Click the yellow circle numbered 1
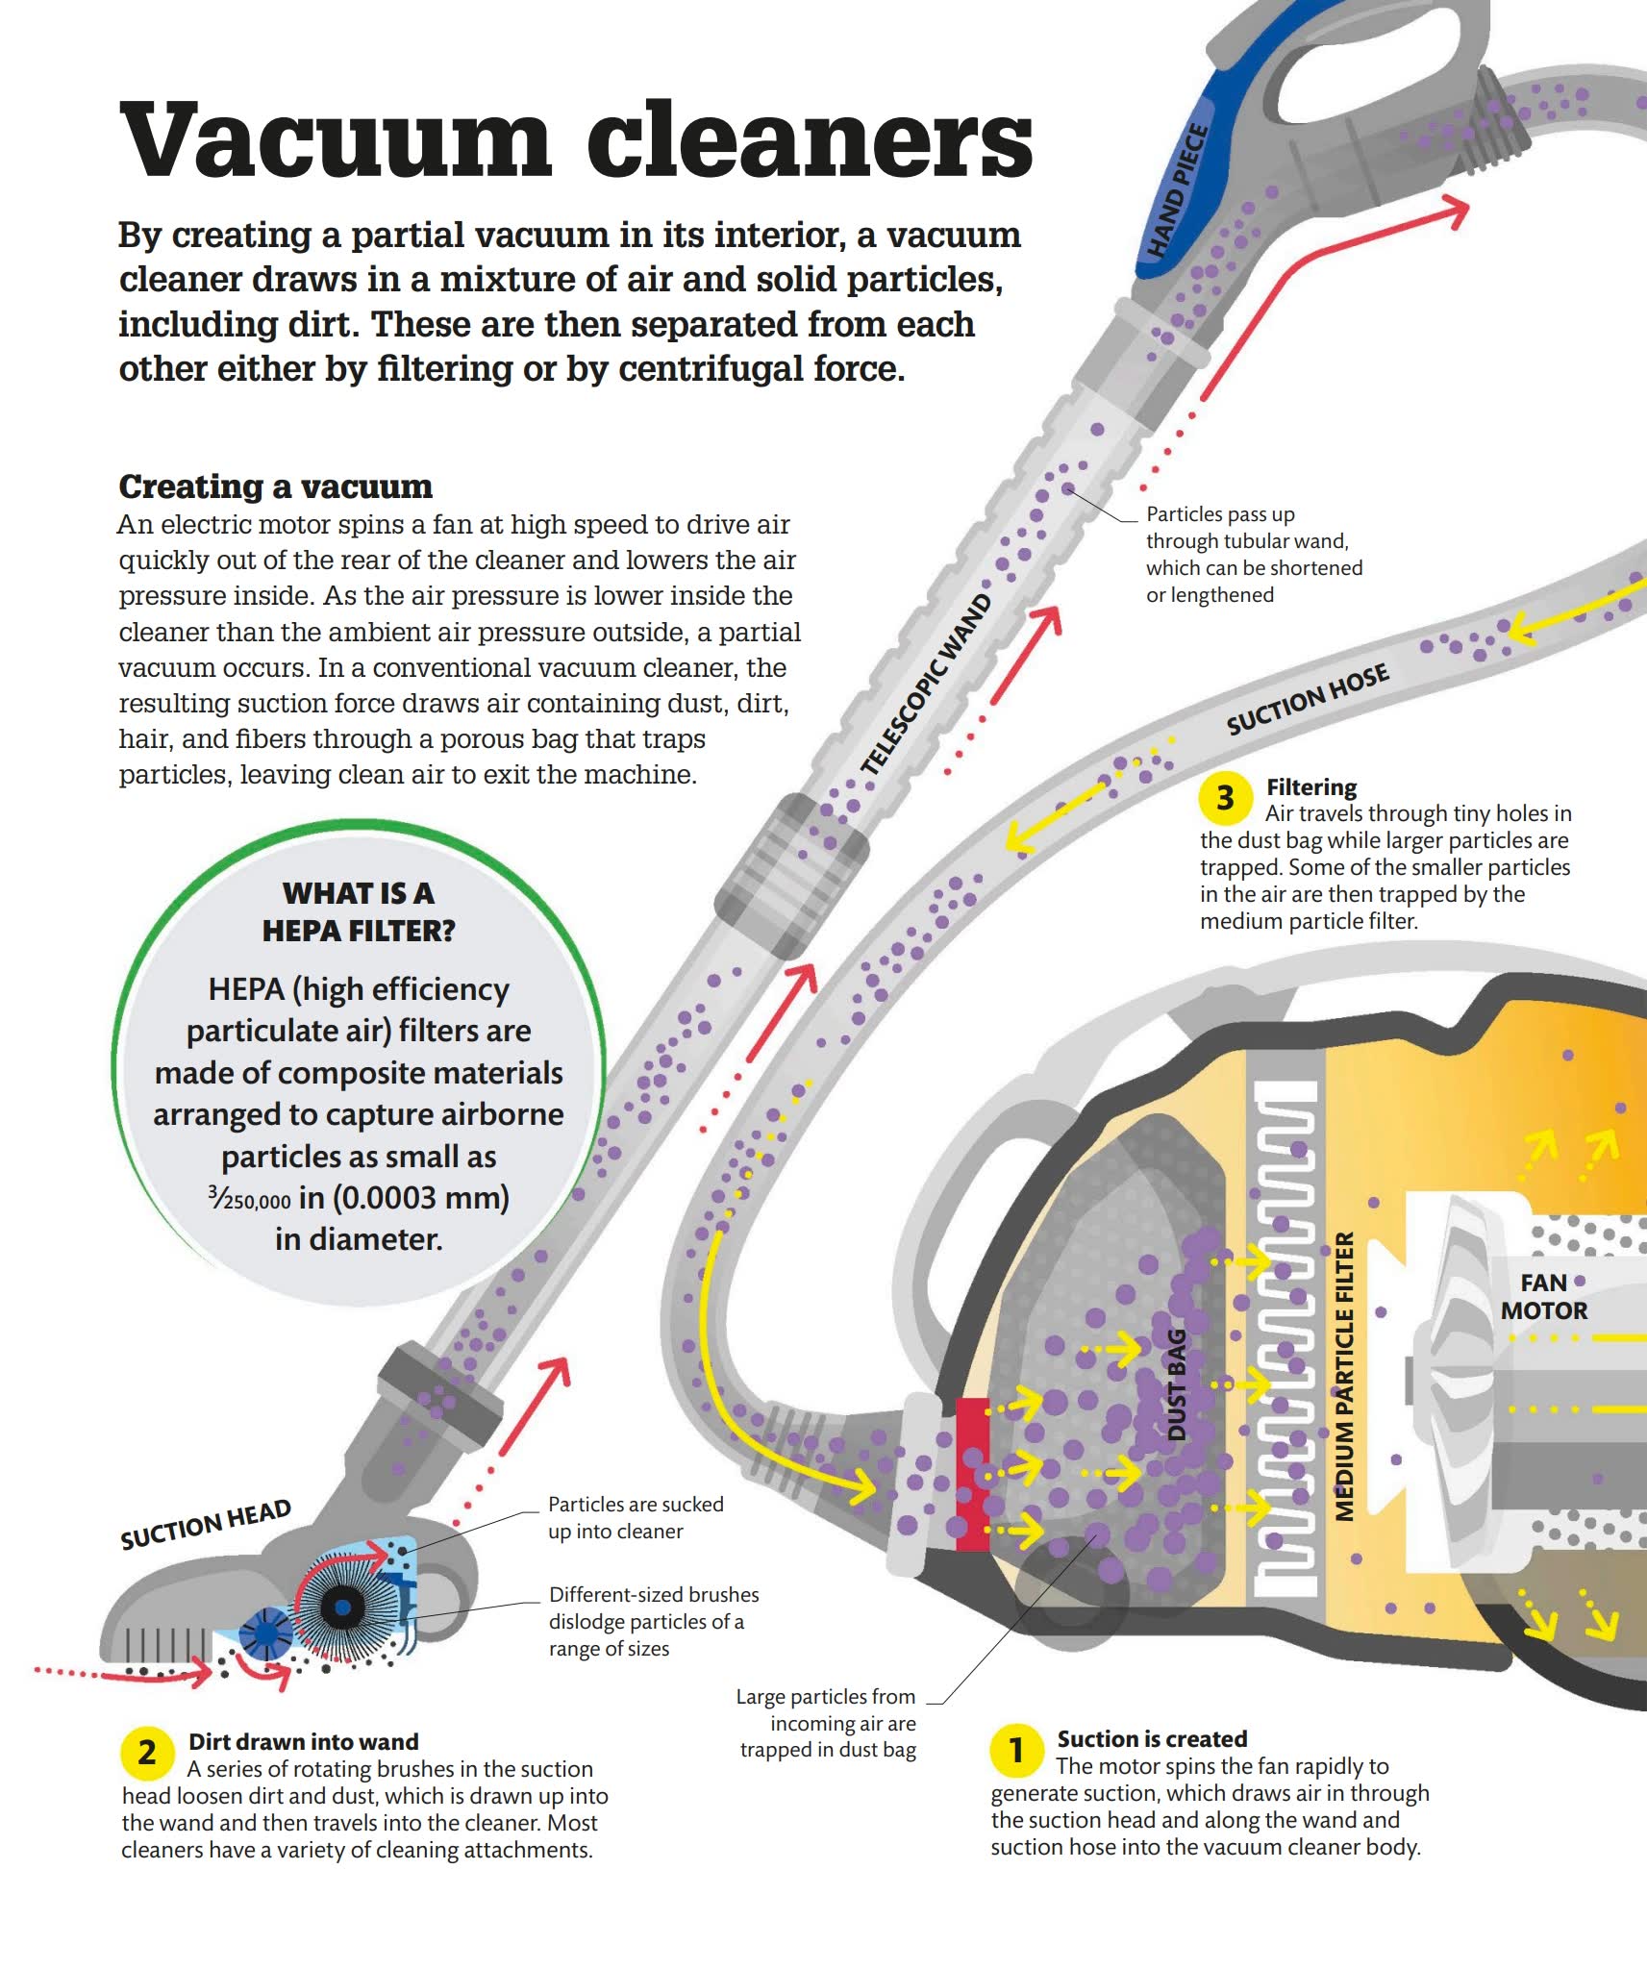pyautogui.click(x=1016, y=1751)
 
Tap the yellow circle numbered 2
pyautogui.click(x=146, y=1753)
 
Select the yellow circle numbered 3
pyautogui.click(x=1225, y=797)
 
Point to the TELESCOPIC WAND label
pyautogui.click(x=926, y=685)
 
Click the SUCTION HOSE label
pyautogui.click(x=1308, y=699)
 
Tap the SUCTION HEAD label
pyautogui.click(x=206, y=1525)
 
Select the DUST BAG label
pyautogui.click(x=1176, y=1384)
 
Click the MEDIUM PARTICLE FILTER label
pyautogui.click(x=1344, y=1377)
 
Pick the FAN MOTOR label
pyautogui.click(x=1543, y=1297)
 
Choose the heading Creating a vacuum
pyautogui.click(x=275, y=486)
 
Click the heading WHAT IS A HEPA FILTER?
pyautogui.click(x=359, y=911)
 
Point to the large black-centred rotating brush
pyautogui.click(x=340, y=1607)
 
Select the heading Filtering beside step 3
pyautogui.click(x=1311, y=787)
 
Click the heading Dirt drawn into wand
pyautogui.click(x=304, y=1741)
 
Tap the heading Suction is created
pyautogui.click(x=1152, y=1738)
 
